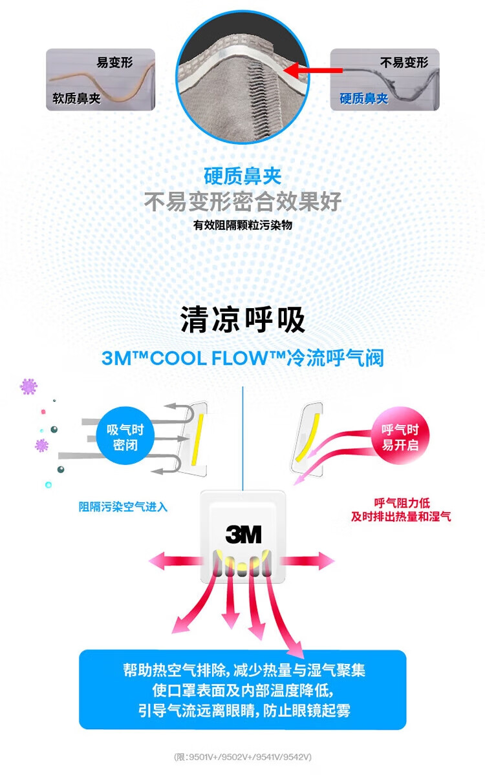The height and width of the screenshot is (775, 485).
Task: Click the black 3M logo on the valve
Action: pyautogui.click(x=243, y=534)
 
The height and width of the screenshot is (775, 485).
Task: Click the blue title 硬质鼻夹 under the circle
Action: pyautogui.click(x=242, y=176)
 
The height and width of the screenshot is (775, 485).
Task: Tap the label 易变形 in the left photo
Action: pyautogui.click(x=114, y=63)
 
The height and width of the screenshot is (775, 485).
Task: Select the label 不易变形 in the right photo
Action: pyautogui.click(x=404, y=63)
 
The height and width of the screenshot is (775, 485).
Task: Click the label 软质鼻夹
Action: pyautogui.click(x=76, y=99)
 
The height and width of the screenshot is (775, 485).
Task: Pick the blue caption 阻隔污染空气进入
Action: pyautogui.click(x=123, y=507)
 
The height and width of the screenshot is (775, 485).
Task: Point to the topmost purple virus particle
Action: pyautogui.click(x=28, y=387)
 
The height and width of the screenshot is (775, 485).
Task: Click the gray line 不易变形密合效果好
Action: pyautogui.click(x=242, y=202)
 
